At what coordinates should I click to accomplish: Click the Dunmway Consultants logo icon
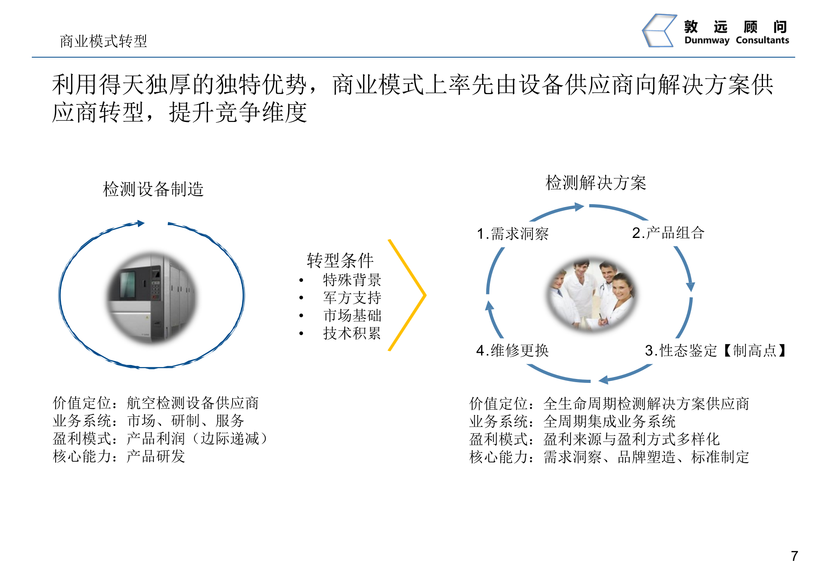[x=659, y=31]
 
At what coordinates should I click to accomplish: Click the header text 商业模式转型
[x=103, y=41]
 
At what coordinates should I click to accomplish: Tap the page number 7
[x=794, y=555]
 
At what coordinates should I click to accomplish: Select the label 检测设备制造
[x=153, y=189]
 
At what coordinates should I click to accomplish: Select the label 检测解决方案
[x=596, y=183]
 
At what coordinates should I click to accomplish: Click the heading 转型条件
[x=340, y=261]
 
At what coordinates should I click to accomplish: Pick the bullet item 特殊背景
[x=352, y=280]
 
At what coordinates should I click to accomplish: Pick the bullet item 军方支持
[x=352, y=298]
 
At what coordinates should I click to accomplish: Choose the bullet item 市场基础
[x=352, y=315]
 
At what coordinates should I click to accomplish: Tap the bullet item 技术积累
[x=352, y=333]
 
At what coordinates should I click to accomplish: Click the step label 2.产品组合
[x=668, y=233]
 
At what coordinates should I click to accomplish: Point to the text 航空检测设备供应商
[x=192, y=403]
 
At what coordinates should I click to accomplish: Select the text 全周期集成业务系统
[x=609, y=421]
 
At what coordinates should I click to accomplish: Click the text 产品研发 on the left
[x=156, y=456]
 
